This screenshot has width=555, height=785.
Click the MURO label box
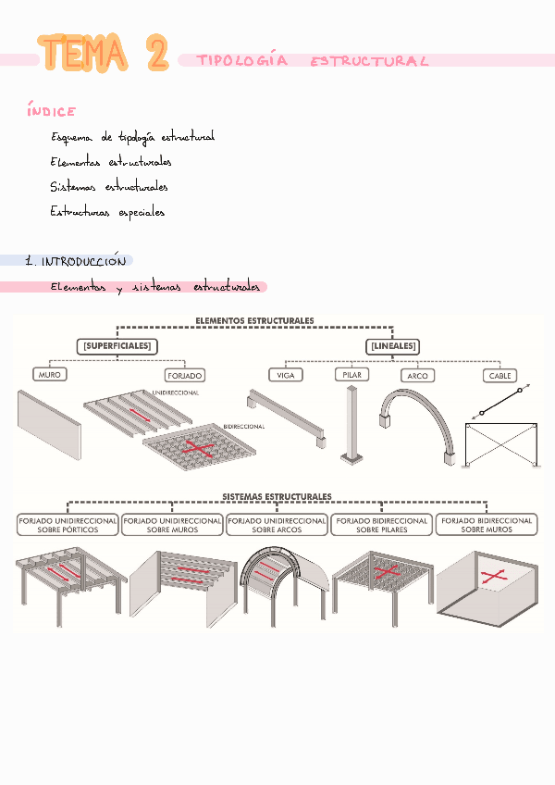pos(49,375)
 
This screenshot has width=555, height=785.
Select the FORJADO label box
pos(185,376)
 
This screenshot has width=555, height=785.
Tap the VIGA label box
pos(284,375)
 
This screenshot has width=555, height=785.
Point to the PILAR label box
pos(351,374)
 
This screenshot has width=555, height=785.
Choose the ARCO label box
pos(418,376)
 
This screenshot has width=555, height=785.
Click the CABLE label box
pos(500,376)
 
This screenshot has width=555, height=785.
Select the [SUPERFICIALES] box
pos(117,346)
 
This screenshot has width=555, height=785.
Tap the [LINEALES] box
pos(392,346)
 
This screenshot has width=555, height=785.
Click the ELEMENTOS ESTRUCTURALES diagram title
pos(254,320)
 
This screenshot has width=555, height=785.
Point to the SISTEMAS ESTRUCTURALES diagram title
pos(277,496)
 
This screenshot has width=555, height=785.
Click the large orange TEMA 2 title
pos(104,54)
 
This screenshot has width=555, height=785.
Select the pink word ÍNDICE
pos(52,111)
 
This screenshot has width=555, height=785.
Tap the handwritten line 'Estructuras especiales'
pos(107,212)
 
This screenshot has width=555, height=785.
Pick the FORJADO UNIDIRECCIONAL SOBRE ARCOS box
pos(277,525)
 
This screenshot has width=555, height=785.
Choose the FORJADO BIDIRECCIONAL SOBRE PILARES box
pos(381,525)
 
